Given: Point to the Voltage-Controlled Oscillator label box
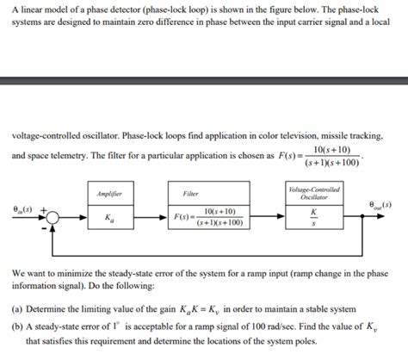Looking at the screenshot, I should click(x=314, y=193).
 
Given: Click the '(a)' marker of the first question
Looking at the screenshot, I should click(x=18, y=308).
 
